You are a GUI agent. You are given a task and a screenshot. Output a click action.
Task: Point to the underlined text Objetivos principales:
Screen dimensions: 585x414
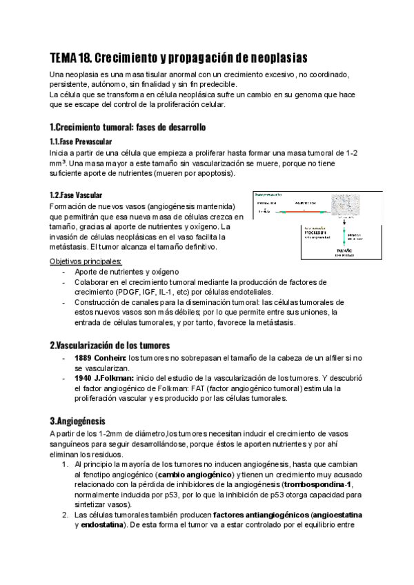click(x=86, y=261)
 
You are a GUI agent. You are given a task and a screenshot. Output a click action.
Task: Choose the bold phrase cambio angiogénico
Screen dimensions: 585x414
click(x=195, y=475)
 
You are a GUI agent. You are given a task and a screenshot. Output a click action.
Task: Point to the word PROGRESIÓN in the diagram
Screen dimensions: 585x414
click(x=273, y=232)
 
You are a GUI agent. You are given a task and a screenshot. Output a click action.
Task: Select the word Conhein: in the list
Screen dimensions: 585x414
click(x=110, y=358)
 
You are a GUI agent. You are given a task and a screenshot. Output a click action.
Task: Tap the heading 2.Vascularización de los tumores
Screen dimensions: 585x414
click(x=110, y=344)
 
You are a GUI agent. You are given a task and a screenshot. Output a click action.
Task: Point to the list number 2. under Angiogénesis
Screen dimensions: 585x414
click(x=64, y=515)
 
